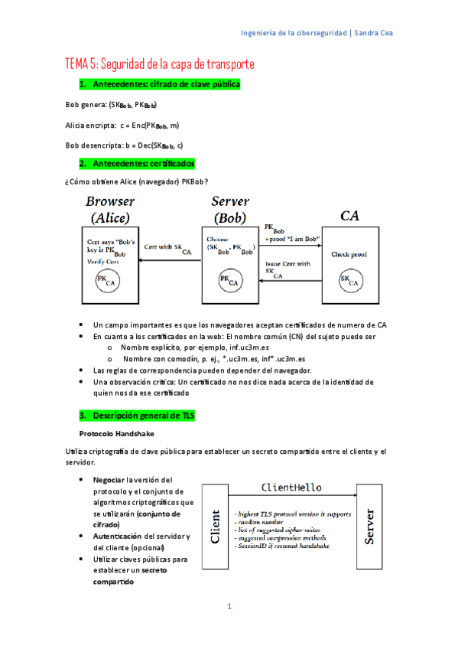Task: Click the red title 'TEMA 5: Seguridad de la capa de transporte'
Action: pos(159,64)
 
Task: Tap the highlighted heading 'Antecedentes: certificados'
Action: pos(144,164)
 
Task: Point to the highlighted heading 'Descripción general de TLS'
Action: pos(144,416)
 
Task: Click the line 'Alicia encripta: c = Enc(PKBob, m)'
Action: pos(123,125)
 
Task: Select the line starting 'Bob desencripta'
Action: pos(124,145)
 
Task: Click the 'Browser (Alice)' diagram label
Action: pos(110,210)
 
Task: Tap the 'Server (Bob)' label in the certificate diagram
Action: pos(230,210)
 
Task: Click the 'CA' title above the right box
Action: pos(349,217)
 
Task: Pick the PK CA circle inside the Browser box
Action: pos(107,282)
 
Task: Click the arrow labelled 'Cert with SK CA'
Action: pos(171,261)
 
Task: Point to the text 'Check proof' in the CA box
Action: pos(350,254)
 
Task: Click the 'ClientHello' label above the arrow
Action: pos(291,487)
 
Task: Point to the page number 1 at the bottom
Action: pos(229,607)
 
